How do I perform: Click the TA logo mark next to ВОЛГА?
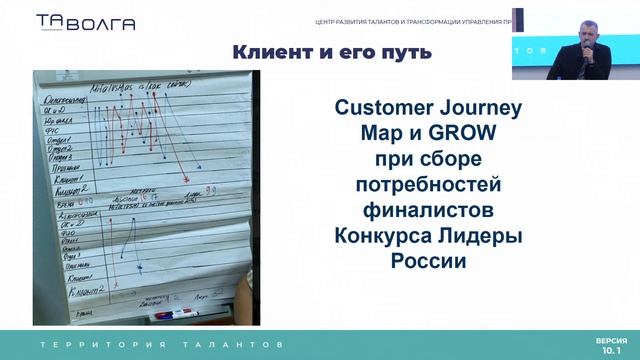[x=48, y=22]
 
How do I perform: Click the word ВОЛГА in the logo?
[x=100, y=24]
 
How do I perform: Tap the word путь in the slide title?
[x=405, y=52]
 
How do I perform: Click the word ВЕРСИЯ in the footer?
[x=611, y=340]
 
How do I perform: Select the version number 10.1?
[x=611, y=351]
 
